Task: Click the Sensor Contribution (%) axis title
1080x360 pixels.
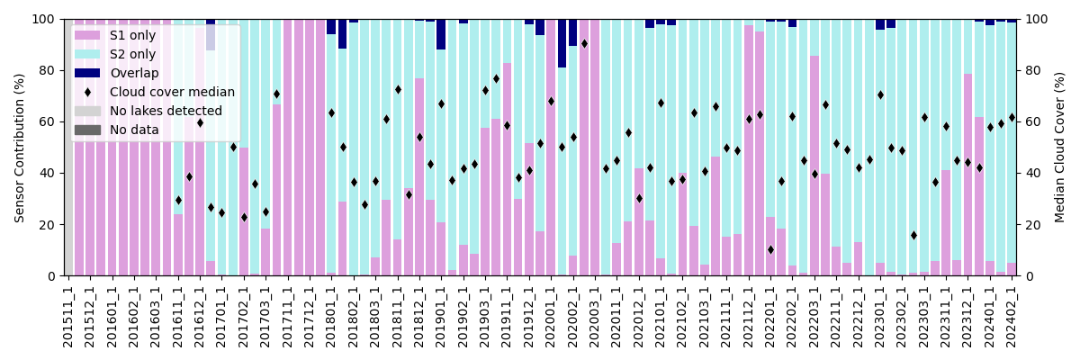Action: click(20, 148)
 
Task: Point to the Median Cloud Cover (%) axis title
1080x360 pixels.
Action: click(1060, 148)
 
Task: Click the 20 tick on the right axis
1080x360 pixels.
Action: click(1031, 225)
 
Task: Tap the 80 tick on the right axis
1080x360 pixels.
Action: click(1031, 70)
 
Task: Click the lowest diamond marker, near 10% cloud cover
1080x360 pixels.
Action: click(771, 250)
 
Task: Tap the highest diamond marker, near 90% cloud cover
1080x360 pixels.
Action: click(584, 43)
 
